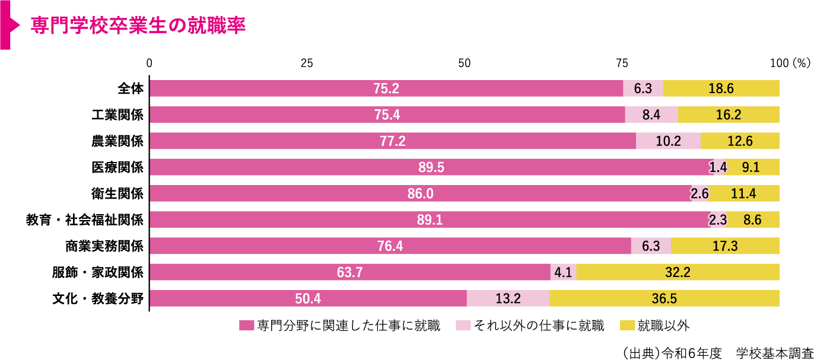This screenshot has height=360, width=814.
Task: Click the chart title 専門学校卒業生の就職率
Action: [x=138, y=26]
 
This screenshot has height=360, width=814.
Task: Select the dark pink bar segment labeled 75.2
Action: [x=386, y=88]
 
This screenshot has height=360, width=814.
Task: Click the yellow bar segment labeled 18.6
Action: [x=721, y=88]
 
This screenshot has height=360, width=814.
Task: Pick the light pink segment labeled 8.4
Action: [x=651, y=114]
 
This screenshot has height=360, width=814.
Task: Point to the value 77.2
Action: [x=392, y=141]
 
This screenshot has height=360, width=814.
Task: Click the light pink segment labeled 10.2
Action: [x=668, y=141]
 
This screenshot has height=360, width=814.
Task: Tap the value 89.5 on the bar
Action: [x=431, y=167]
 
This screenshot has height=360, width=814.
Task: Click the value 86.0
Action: [x=421, y=193]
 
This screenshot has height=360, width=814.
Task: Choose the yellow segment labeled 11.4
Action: [x=743, y=193]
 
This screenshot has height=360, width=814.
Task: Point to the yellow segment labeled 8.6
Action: [x=752, y=219]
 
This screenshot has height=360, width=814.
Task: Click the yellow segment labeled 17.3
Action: [x=725, y=246]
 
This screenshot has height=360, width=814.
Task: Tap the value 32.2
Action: [x=678, y=272]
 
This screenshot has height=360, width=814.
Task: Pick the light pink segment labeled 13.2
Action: [x=508, y=298]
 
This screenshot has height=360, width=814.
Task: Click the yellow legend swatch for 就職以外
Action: [x=627, y=325]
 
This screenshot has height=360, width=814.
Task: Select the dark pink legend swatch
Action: [x=246, y=325]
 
